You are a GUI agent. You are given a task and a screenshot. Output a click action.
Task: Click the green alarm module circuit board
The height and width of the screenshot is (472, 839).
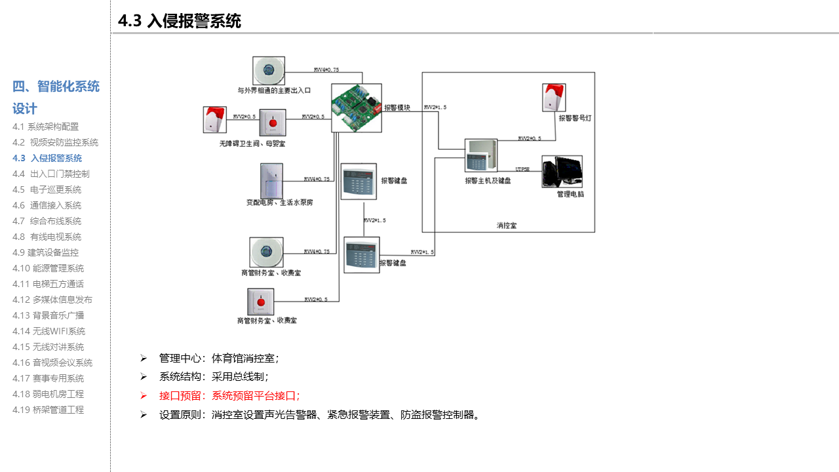click(356, 108)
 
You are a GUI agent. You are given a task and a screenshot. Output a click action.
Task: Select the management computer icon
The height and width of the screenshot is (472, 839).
click(562, 172)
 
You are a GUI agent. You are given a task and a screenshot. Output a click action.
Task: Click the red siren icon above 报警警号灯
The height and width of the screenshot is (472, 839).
click(554, 97)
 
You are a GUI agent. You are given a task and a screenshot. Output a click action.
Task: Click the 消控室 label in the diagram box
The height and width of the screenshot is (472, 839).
click(507, 226)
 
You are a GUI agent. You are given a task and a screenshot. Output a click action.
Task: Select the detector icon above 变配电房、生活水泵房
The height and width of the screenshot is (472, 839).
click(271, 180)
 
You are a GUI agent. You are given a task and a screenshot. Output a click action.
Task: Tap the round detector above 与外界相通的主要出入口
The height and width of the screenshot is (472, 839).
click(269, 70)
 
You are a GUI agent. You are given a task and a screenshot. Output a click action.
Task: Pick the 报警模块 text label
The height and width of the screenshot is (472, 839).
click(397, 108)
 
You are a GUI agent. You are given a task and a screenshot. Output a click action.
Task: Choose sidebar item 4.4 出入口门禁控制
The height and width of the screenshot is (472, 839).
click(50, 174)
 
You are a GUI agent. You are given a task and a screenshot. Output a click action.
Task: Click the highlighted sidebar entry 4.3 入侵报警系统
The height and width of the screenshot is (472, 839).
click(47, 158)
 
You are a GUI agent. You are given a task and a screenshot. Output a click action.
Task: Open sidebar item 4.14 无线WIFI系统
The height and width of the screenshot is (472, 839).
click(49, 331)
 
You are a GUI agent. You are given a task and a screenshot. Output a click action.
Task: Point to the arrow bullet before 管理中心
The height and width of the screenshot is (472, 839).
click(143, 358)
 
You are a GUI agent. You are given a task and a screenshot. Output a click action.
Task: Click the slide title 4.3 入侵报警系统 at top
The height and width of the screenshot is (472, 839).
click(180, 21)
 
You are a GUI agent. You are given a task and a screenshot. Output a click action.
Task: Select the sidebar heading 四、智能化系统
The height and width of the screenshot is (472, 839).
click(56, 87)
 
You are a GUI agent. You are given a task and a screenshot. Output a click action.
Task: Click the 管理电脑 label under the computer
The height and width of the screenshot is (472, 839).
click(570, 194)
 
